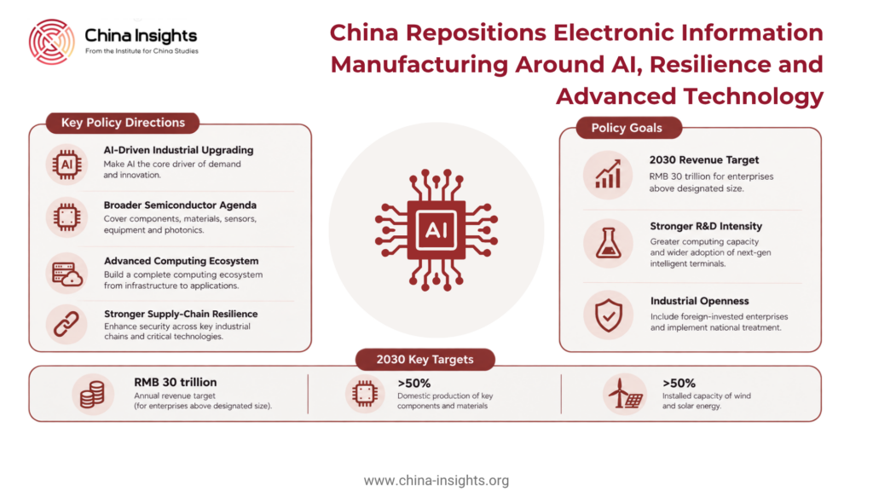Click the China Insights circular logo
(x=52, y=42)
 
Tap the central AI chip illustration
(x=436, y=230)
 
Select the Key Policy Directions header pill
(x=123, y=123)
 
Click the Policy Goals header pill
(x=628, y=128)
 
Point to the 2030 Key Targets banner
(x=425, y=360)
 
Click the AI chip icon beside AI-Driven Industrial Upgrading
(x=66, y=165)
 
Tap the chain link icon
(x=66, y=325)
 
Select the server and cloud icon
(x=67, y=274)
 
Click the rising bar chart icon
(x=608, y=174)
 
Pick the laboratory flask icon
(x=609, y=243)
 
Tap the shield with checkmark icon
(x=609, y=315)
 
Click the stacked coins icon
(x=92, y=394)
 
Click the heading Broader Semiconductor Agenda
(x=180, y=205)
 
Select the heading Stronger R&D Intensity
(x=706, y=226)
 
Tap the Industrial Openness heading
(x=699, y=301)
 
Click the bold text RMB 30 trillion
(x=176, y=383)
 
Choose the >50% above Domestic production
(x=413, y=384)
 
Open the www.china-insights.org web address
(x=436, y=481)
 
